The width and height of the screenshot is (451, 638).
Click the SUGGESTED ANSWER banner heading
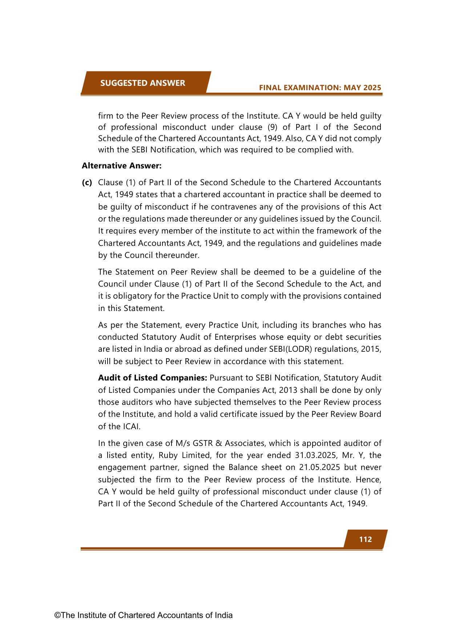coord(142,83)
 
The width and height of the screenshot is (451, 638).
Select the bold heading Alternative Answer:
coord(121,166)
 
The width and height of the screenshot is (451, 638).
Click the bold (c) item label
coord(87,183)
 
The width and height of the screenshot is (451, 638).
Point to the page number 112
coord(365,539)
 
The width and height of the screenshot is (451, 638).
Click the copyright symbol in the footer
coord(57,615)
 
